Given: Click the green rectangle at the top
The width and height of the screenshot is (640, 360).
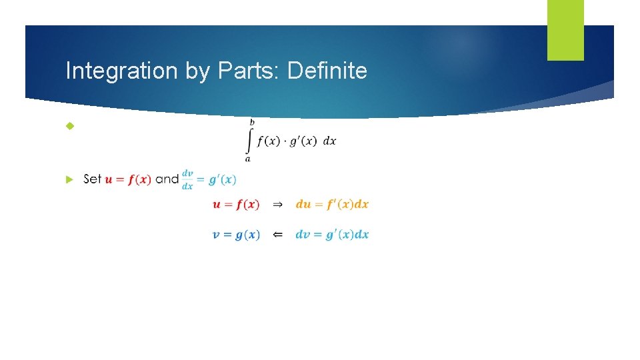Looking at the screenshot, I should click(565, 29).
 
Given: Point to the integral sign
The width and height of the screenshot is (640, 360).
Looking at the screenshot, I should click(250, 140).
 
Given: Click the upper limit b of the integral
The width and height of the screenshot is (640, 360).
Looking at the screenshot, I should click(252, 122).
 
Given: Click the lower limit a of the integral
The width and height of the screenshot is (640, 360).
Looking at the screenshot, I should click(248, 159).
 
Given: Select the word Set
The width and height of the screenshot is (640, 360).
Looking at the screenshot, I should click(93, 179).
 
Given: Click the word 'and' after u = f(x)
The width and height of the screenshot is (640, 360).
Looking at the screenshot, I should click(167, 179).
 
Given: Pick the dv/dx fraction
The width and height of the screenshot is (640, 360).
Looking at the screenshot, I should click(187, 179).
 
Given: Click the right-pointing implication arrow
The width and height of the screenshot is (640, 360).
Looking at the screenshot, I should click(278, 204).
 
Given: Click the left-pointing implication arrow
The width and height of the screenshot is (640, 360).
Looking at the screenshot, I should click(278, 235).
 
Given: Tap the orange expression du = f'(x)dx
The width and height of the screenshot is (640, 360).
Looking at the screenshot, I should click(332, 204).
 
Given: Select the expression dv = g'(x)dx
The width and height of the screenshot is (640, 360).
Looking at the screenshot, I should click(332, 235).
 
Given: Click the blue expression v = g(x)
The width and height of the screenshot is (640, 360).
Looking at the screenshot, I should click(236, 235).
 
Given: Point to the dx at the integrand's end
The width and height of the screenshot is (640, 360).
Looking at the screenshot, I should click(329, 142).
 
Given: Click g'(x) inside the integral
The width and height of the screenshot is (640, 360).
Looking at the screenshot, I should click(303, 142).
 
